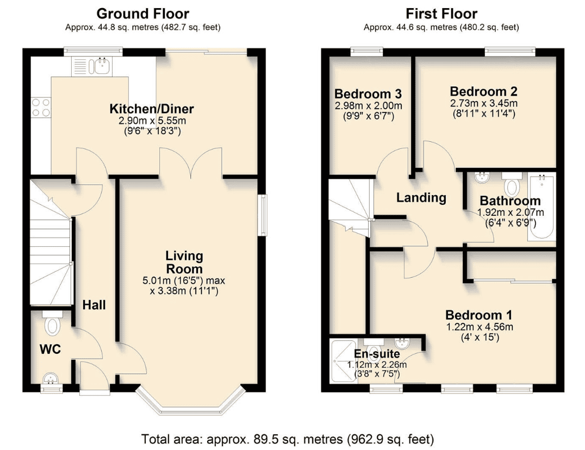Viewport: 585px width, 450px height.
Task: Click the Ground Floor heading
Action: pos(143,14)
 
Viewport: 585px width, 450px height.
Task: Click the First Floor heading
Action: pos(441,14)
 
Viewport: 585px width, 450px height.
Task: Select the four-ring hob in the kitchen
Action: pos(41,108)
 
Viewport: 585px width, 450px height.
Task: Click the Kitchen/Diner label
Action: pos(152,109)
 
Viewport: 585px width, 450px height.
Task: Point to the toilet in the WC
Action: pos(53,323)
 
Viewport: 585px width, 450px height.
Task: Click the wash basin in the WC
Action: pos(50,379)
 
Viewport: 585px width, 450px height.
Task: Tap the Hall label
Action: pos(94,305)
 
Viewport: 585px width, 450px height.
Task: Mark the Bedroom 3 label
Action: pos(368,93)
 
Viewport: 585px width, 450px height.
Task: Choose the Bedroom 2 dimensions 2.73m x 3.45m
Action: pos(483,103)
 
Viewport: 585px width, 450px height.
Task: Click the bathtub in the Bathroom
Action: pos(541,206)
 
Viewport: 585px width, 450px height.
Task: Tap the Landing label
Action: pos(421,198)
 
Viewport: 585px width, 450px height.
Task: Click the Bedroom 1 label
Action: pos(478,315)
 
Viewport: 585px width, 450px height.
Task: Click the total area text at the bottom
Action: pos(288,439)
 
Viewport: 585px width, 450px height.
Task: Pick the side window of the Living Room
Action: pos(264,215)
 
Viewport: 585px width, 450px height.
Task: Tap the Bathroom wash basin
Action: pos(483,178)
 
